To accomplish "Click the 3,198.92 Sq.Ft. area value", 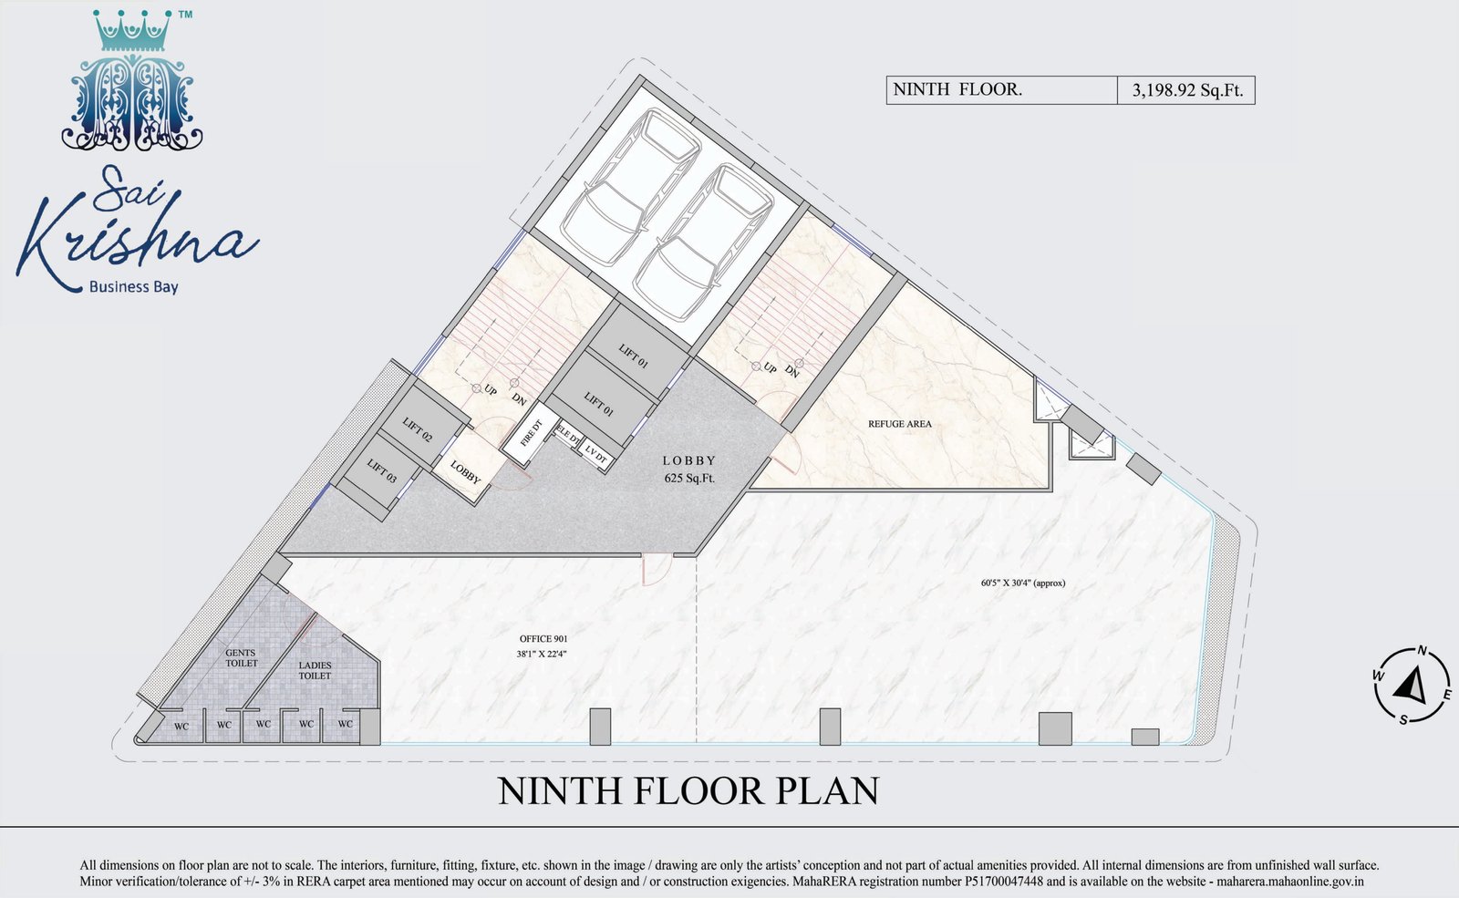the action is point(1187,90).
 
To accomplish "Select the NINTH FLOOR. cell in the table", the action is point(1002,90).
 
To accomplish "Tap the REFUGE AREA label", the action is point(899,424).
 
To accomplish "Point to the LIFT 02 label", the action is point(418,429).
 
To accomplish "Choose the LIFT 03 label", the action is point(382,470).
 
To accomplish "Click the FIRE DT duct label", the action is point(532,433).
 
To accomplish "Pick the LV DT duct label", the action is point(596,454).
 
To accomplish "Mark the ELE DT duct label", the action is point(567,436).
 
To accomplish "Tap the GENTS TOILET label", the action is point(241,657).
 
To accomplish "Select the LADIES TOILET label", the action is point(315,671).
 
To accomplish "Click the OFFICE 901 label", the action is point(543,639).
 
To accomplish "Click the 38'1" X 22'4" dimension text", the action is point(542,654).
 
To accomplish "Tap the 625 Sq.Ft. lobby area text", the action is point(689,478).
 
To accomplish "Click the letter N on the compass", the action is point(1423,651).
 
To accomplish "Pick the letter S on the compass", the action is point(1403,719).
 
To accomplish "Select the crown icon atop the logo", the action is point(132,31).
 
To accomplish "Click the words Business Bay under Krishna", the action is point(133,286).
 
